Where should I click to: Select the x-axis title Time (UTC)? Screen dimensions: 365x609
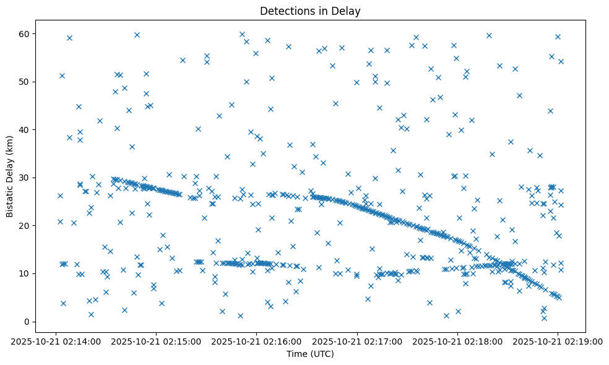[310, 354]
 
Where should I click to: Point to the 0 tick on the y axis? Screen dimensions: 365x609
[27, 322]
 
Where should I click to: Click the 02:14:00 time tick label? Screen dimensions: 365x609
[56, 341]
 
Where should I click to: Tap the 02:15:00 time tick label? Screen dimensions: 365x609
[157, 341]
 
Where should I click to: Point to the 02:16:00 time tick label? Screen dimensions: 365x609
[257, 341]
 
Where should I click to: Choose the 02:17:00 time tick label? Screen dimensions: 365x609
[357, 341]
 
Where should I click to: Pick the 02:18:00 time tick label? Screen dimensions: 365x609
[457, 341]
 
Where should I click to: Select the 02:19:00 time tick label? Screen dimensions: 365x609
[558, 341]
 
